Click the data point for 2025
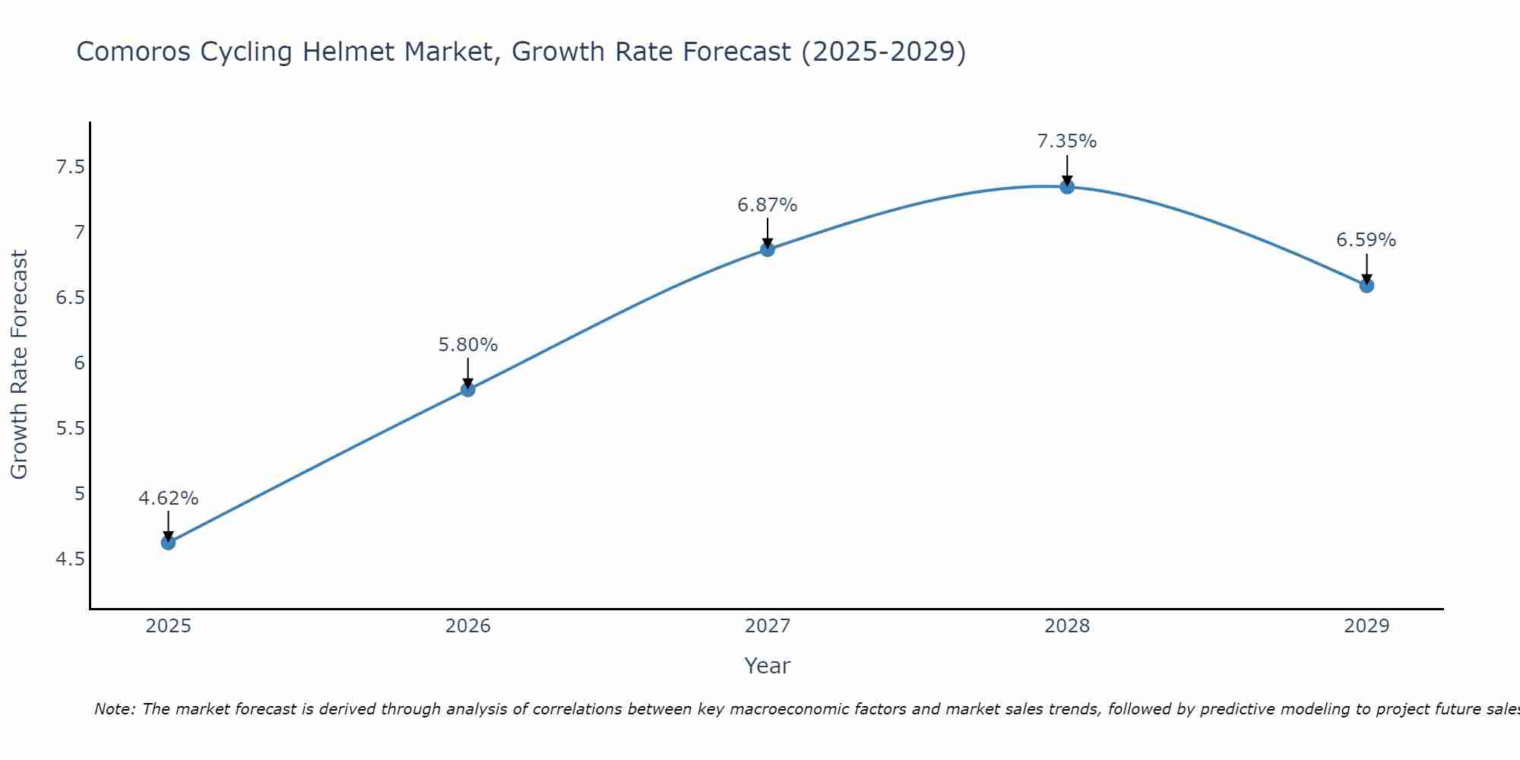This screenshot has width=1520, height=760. click(x=168, y=543)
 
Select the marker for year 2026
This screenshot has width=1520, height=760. click(x=467, y=390)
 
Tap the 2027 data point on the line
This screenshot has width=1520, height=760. click(x=768, y=249)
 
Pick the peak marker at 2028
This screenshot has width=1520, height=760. click(x=1067, y=187)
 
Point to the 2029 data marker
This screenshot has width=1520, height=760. click(x=1366, y=286)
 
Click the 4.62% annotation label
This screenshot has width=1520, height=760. click(x=168, y=499)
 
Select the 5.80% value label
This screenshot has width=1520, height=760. click(x=467, y=345)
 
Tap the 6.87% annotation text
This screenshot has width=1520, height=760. click(x=768, y=205)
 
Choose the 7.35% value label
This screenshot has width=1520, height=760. click(x=1067, y=141)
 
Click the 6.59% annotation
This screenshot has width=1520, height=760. click(x=1366, y=240)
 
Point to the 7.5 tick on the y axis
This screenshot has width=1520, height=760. click(x=70, y=167)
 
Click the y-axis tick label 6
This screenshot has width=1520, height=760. click(x=80, y=363)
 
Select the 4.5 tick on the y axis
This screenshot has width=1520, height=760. click(x=70, y=560)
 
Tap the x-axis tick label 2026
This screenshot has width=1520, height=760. click(x=467, y=626)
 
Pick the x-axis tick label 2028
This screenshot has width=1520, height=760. click(x=1067, y=626)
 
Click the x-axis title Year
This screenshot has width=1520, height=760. click(x=768, y=666)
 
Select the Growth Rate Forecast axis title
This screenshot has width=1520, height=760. click(x=20, y=365)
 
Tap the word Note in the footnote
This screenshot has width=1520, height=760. click(x=112, y=709)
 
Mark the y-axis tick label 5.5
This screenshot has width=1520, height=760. click(x=70, y=429)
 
